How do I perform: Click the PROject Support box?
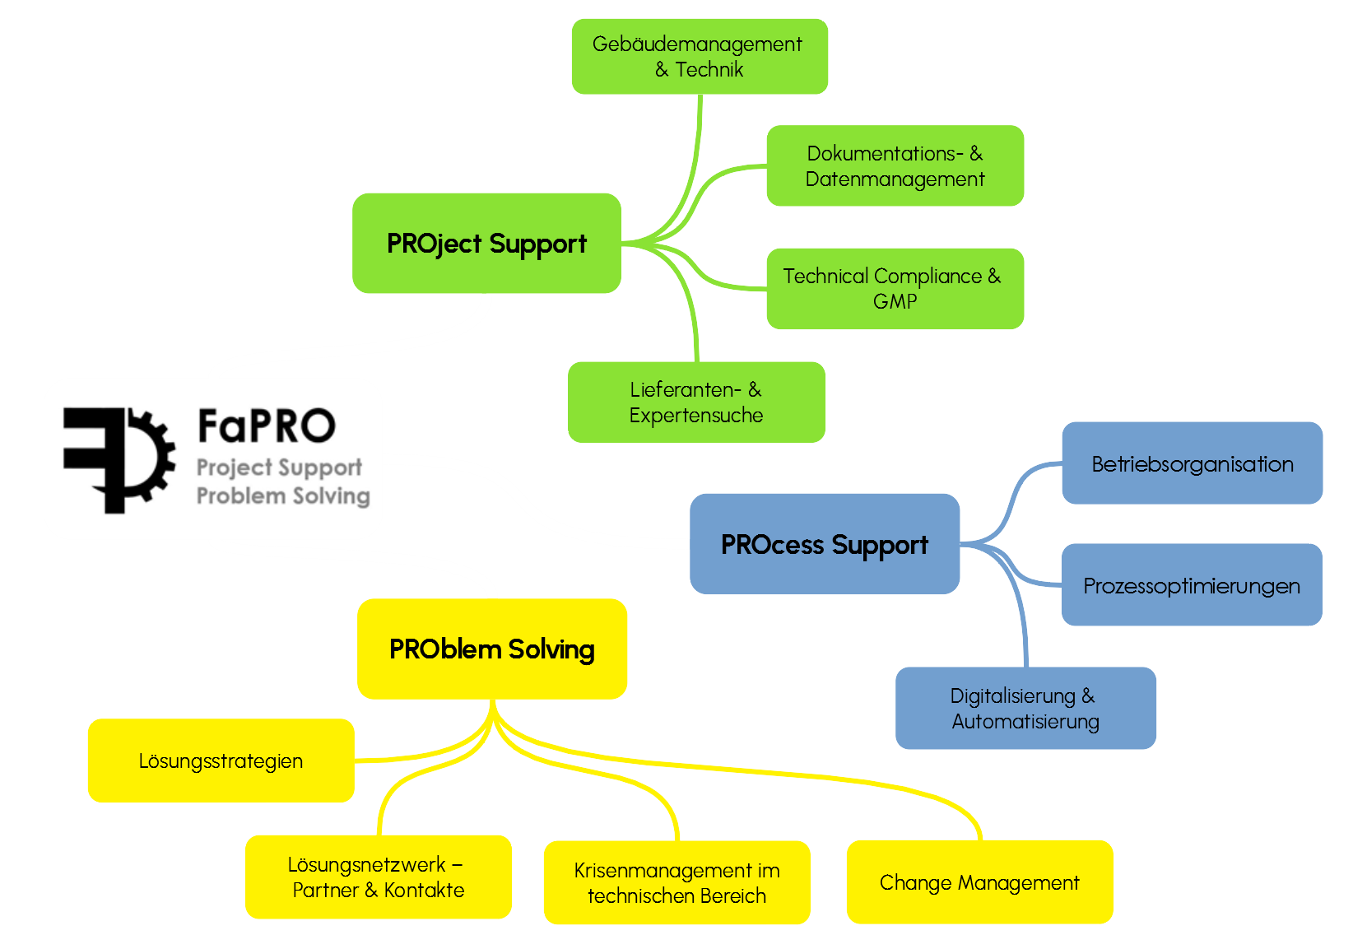486,244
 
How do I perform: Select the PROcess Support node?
824,544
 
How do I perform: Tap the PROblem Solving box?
491,649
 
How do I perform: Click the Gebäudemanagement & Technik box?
699,56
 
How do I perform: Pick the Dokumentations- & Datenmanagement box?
895,165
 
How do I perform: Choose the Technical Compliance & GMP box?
895,288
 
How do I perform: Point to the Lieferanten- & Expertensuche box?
696,402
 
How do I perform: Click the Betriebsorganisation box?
1192,463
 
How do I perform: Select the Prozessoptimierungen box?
1191,585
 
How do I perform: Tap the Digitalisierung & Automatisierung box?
1025,708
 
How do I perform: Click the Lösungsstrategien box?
221,761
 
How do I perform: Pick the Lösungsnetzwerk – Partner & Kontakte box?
378,877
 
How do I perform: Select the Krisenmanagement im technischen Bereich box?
676,882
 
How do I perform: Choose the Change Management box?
979,882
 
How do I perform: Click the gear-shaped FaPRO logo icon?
119,459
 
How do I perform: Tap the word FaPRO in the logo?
266,426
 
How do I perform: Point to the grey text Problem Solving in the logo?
282,495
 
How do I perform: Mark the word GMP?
895,301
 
